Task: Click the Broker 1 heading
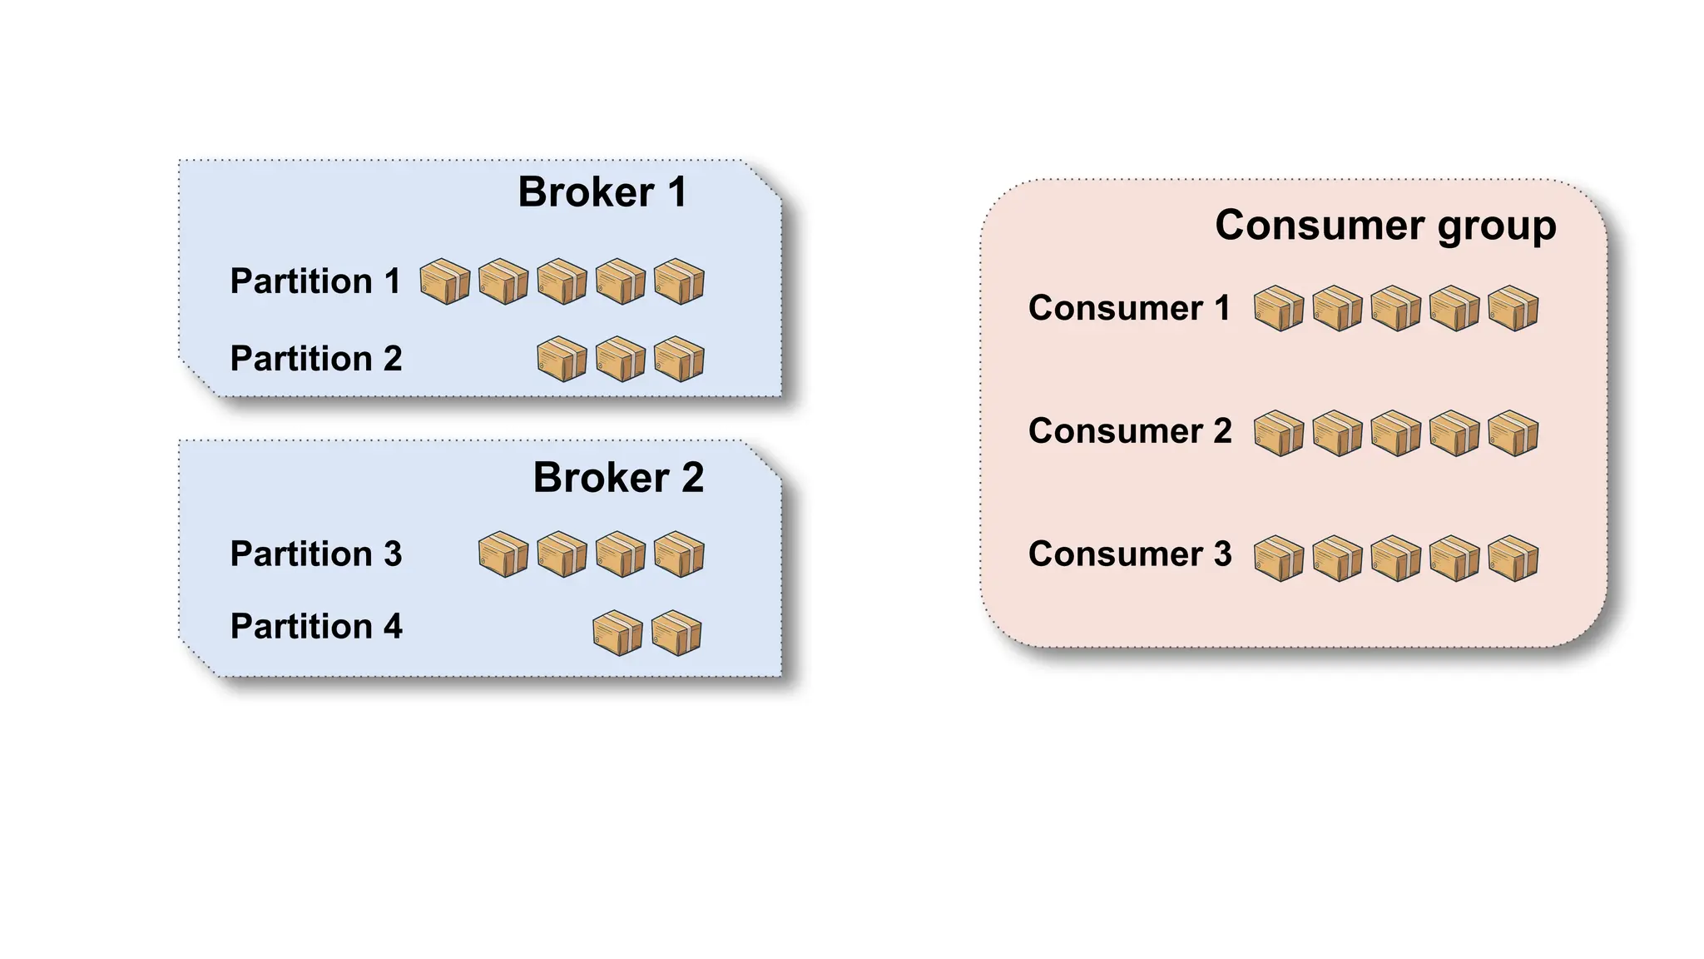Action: point(602,192)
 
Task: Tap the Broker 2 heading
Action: point(618,478)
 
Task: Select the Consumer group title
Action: point(1385,226)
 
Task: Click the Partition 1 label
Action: point(315,281)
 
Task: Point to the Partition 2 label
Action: point(316,359)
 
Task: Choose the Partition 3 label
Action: point(316,554)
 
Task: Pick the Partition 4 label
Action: point(316,627)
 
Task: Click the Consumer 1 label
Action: point(1129,309)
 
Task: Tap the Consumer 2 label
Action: point(1130,431)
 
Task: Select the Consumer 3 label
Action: point(1130,554)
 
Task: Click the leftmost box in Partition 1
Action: point(445,281)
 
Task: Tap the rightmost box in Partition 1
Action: point(679,281)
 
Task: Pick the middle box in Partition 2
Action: point(621,359)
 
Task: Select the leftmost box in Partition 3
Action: point(503,554)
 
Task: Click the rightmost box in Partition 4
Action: point(676,634)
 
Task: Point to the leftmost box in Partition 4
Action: point(617,634)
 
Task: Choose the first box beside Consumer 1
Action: point(1279,309)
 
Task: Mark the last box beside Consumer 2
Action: point(1513,433)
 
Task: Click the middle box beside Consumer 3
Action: point(1396,558)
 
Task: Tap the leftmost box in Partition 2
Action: point(562,359)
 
